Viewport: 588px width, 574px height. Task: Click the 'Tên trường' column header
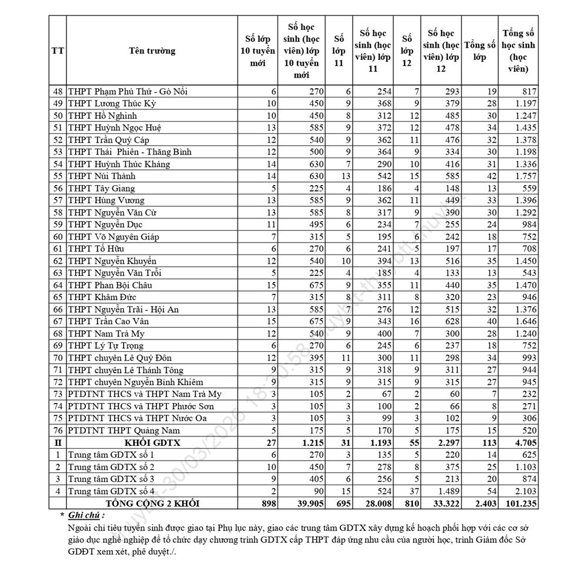click(152, 51)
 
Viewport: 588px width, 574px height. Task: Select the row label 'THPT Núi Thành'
click(102, 176)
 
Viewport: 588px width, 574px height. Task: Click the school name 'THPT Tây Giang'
click(101, 189)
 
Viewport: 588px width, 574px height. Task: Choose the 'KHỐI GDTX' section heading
click(152, 443)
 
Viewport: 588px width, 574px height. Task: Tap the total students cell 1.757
click(523, 176)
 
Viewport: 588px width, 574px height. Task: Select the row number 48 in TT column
click(58, 92)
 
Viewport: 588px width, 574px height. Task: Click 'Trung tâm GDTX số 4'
click(111, 491)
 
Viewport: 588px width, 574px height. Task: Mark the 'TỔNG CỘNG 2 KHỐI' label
click(152, 503)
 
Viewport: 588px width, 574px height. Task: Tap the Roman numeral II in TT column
click(58, 443)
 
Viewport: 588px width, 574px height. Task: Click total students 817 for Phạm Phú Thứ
click(527, 92)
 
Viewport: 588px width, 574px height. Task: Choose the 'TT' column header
click(58, 51)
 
